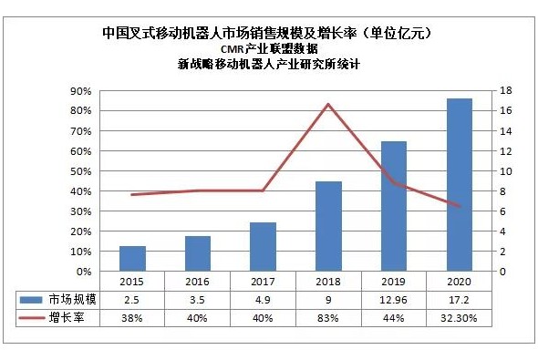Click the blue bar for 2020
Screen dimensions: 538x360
(x=459, y=185)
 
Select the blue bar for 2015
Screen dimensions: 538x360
(x=132, y=259)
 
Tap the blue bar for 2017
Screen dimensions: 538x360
(x=264, y=247)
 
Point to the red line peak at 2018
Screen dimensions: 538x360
(x=328, y=104)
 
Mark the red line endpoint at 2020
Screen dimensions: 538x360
(x=459, y=206)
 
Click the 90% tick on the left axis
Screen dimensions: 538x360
(x=81, y=91)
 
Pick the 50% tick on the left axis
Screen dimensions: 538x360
(x=81, y=171)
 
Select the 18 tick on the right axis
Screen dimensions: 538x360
(x=506, y=91)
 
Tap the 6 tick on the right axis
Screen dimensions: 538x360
(x=502, y=211)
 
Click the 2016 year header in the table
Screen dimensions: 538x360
(x=197, y=282)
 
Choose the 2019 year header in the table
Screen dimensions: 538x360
(x=394, y=282)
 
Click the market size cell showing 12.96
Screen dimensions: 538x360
(x=394, y=300)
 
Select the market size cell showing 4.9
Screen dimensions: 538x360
(x=263, y=300)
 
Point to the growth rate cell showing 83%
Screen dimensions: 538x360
(x=328, y=318)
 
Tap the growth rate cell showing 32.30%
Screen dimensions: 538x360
(x=459, y=318)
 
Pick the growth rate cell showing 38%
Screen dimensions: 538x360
(x=131, y=318)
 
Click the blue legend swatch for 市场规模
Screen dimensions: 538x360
(x=31, y=300)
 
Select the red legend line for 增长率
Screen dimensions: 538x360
(x=31, y=318)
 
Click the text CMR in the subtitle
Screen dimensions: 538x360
(x=232, y=49)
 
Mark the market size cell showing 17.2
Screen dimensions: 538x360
(x=459, y=300)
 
